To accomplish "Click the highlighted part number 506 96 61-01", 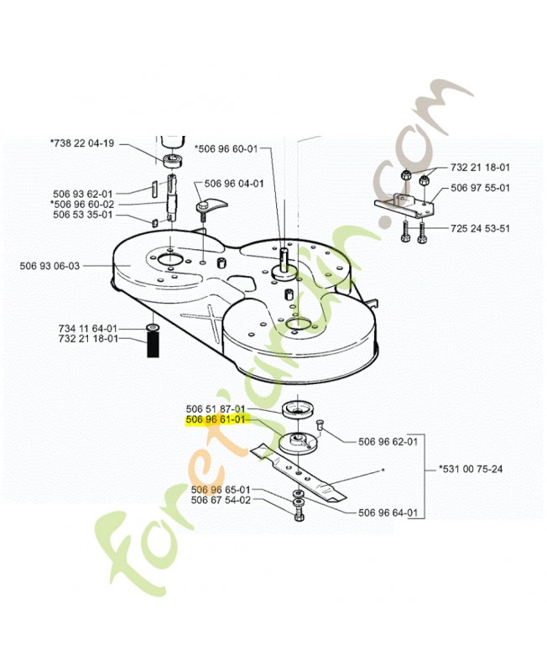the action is pos(216,420).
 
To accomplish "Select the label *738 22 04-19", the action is pos(82,143).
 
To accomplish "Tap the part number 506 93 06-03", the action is pos(49,266).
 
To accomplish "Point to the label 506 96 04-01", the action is pos(234,184).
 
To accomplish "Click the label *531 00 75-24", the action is pos(471,469).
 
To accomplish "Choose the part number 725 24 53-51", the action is pos(480,228).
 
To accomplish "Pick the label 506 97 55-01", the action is pos(480,188).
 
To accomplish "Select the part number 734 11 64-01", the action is pos(88,329).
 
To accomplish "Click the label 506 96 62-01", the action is pos(388,442).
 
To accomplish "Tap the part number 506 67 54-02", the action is pos(221,500).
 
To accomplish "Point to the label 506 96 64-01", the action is pos(388,512).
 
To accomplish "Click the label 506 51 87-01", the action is pos(216,409).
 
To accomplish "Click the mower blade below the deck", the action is pos(299,471).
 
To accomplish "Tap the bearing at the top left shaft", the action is pos(173,161).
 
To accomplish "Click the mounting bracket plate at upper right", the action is pos(404,205).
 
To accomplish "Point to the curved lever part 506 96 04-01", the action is pos(211,205).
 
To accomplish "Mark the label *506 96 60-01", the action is pos(227,149).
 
